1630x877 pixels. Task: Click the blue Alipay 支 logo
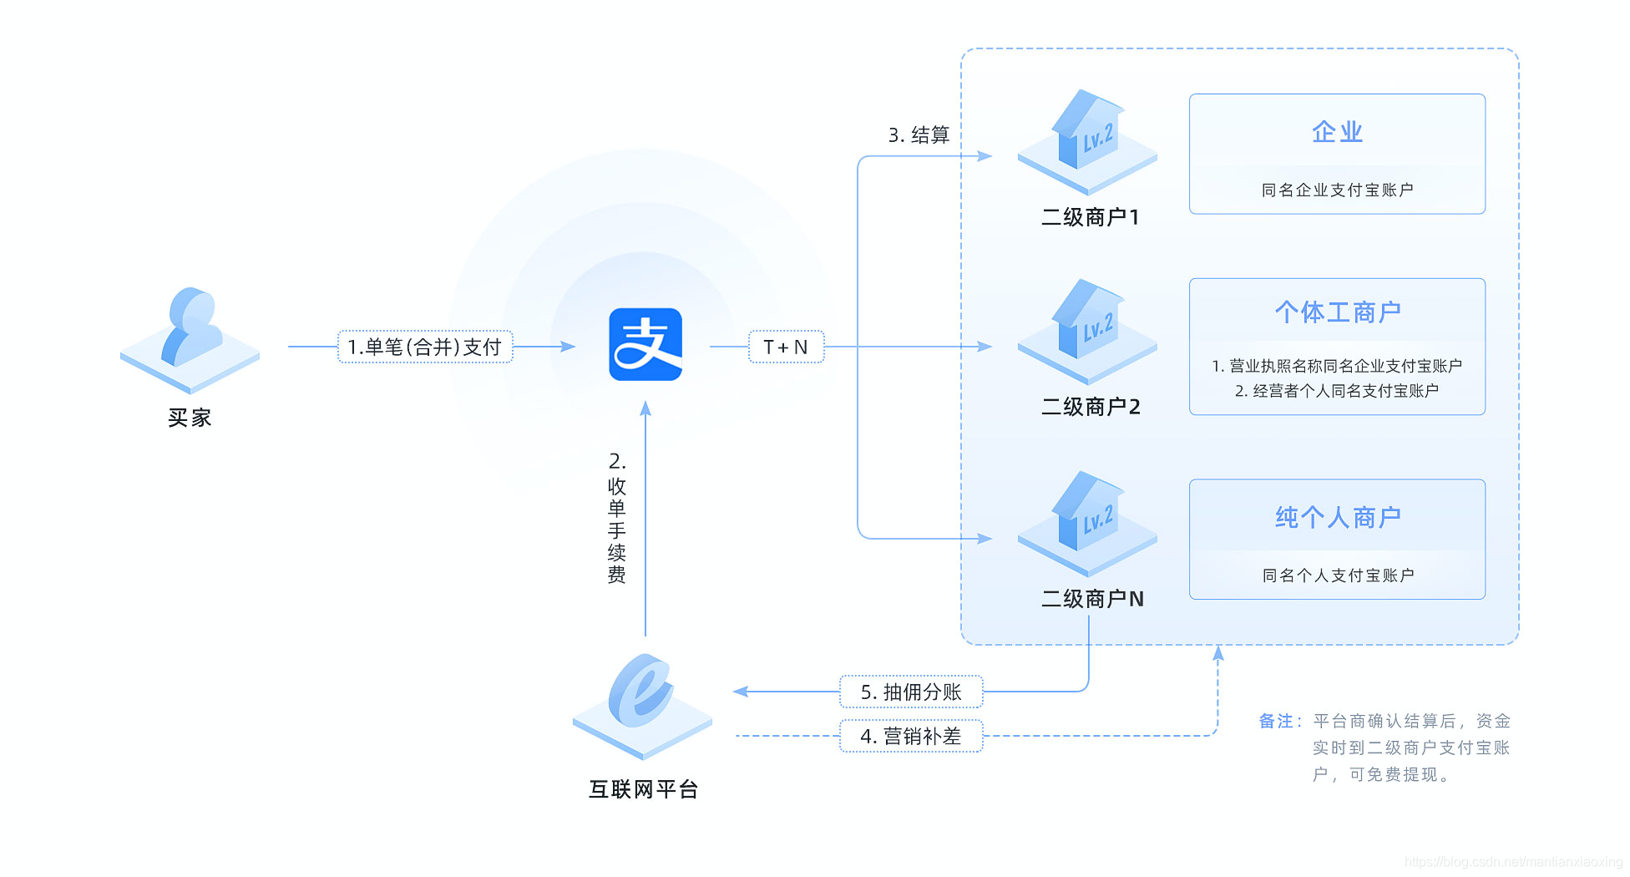coord(645,345)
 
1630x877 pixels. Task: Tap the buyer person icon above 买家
coord(191,334)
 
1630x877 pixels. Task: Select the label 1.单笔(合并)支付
coord(424,347)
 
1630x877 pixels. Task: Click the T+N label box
coord(785,347)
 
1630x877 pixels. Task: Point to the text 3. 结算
coord(919,135)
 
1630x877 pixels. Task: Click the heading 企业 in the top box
coord(1337,132)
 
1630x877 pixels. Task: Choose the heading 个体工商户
coord(1337,312)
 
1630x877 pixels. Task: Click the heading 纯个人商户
coord(1337,518)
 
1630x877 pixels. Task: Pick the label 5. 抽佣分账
coord(911,692)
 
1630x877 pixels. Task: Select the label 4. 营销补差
coord(911,736)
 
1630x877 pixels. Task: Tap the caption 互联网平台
coord(643,789)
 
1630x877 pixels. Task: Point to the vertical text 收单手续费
coord(617,529)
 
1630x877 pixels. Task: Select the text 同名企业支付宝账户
coord(1337,190)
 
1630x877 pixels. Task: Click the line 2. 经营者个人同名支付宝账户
coord(1337,391)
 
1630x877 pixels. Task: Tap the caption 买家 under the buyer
coord(190,418)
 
